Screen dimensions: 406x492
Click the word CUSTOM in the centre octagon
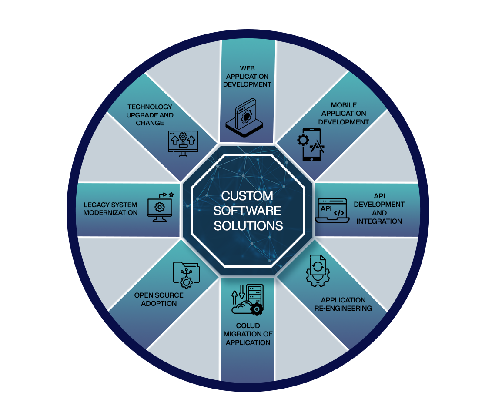247,196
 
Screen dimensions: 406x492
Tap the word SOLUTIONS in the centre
248,226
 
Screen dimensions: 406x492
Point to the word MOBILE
344,105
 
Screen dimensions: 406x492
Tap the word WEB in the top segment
247,68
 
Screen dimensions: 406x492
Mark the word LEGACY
97,205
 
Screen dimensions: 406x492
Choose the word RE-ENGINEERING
343,308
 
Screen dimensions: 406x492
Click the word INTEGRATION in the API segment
379,221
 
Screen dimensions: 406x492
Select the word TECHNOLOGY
150,107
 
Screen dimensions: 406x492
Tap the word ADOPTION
159,303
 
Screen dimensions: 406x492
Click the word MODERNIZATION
110,213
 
